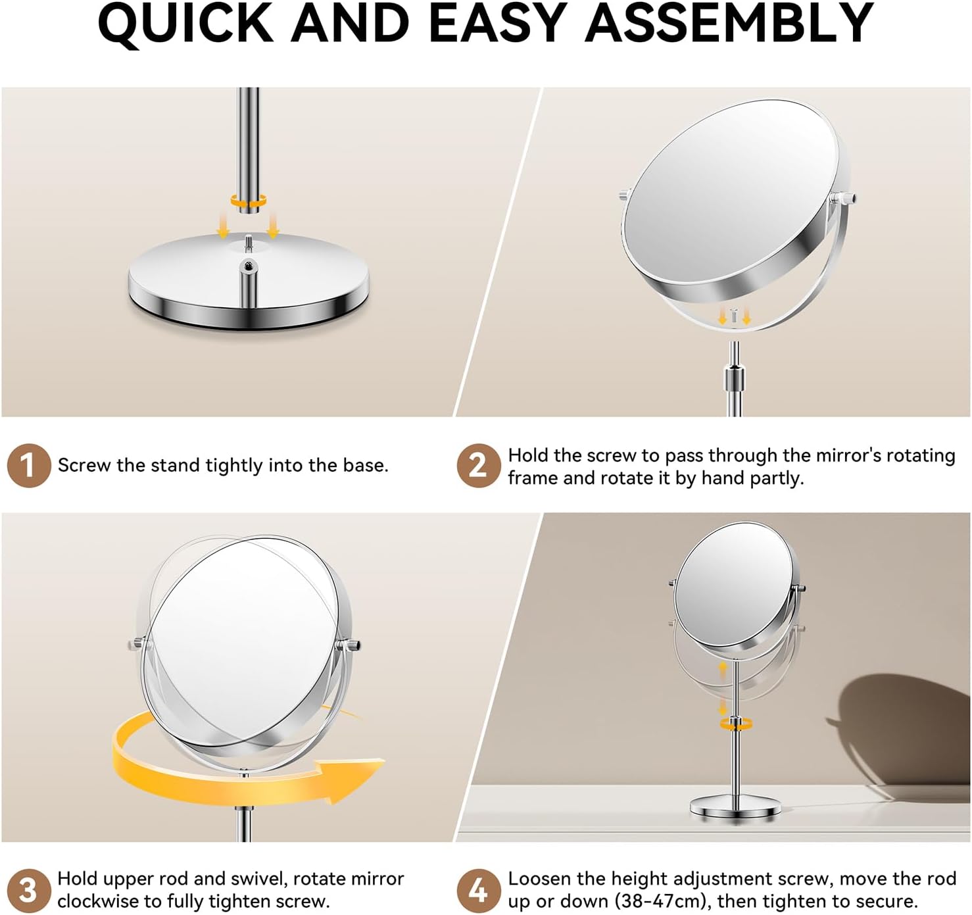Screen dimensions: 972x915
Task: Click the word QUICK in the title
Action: [185, 24]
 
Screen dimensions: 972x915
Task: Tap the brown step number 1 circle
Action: [29, 465]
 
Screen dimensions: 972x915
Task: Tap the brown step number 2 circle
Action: [479, 465]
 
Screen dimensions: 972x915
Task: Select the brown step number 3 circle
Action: [29, 891]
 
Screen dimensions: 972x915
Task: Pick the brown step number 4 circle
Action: [479, 891]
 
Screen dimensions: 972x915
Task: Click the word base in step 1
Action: [364, 465]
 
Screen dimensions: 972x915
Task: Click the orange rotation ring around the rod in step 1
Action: [249, 201]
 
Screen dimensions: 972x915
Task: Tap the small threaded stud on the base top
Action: [249, 242]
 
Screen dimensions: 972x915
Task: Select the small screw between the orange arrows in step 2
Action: [734, 315]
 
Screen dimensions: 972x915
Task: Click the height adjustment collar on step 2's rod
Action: [734, 377]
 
